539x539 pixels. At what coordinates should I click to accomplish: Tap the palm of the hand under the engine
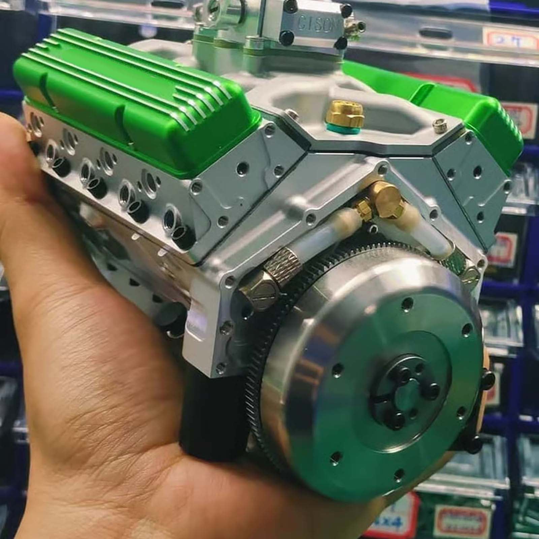[x=111, y=438]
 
